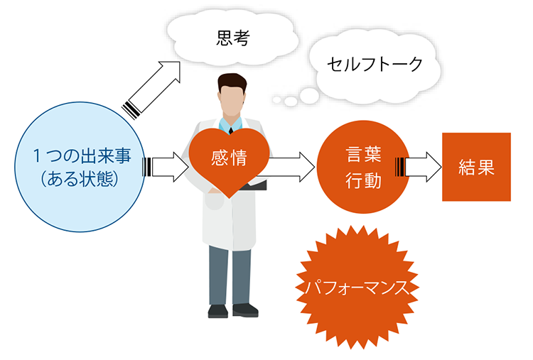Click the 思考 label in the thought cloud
[x=233, y=38]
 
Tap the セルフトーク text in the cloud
[x=375, y=64]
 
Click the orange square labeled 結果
[x=476, y=167]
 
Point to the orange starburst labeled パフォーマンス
[x=357, y=288]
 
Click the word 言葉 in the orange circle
[x=363, y=155]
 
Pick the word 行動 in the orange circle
[x=363, y=180]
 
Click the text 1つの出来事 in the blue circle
[x=82, y=156]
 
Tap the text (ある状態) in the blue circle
[x=80, y=179]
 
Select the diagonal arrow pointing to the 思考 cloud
[x=151, y=90]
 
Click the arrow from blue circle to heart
[x=166, y=167]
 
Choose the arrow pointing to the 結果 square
[x=418, y=167]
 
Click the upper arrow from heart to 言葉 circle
[x=292, y=158]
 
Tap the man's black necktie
[x=231, y=131]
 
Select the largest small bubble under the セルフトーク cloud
[x=309, y=95]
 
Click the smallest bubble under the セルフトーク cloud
[x=277, y=100]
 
